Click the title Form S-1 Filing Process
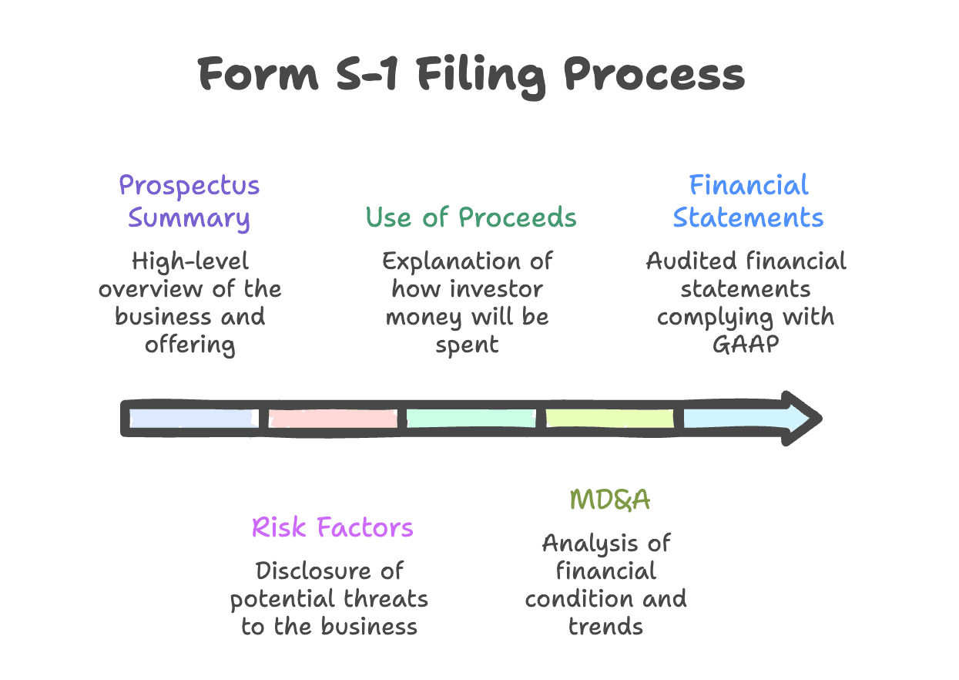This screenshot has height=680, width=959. pos(471,75)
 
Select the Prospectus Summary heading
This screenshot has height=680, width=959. pos(189,202)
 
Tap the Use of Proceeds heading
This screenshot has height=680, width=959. pos(471,217)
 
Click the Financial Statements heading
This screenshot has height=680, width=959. pos(748,202)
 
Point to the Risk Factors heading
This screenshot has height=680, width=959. pos(332,528)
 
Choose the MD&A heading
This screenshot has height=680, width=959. pos(609,500)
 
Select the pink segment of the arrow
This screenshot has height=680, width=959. pos(333,418)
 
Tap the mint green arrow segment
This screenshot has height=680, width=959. pos(471,418)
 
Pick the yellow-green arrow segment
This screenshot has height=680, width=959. pos(609,418)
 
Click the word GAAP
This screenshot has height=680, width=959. pos(745,345)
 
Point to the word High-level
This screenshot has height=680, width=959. pos(189,261)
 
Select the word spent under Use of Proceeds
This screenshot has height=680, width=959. pos(467,345)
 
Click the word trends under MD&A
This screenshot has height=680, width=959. pos(605,626)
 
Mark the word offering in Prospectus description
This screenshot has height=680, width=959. pos(189,345)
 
